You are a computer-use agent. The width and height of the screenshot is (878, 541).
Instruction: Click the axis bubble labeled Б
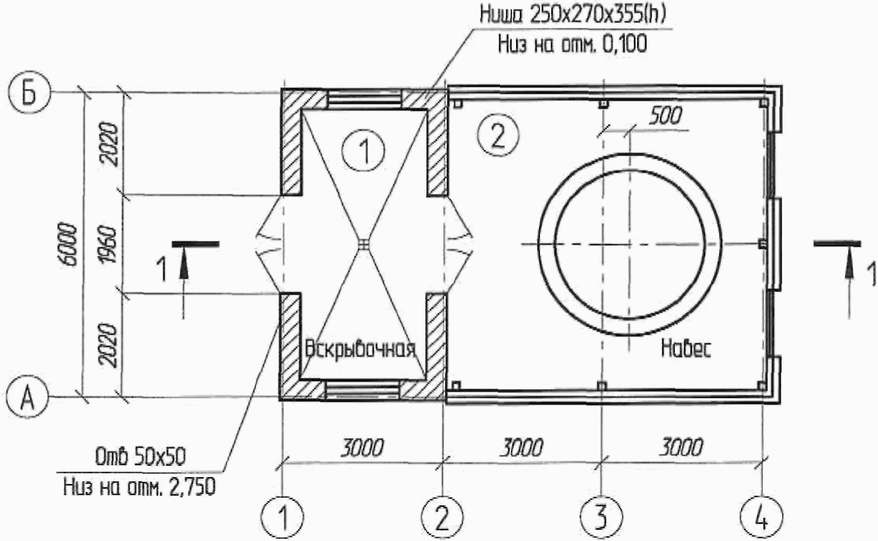[29, 93]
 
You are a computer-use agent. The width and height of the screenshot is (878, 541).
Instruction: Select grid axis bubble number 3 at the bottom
[601, 518]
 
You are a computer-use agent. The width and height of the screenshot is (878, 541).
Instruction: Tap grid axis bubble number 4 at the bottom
[762, 518]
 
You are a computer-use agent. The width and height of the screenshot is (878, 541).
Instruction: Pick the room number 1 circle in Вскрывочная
[364, 150]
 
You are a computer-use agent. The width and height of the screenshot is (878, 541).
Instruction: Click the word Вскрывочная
[360, 349]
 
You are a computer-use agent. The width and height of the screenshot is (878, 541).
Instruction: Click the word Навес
[686, 348]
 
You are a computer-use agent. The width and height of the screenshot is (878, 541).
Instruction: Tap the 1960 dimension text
[108, 244]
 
